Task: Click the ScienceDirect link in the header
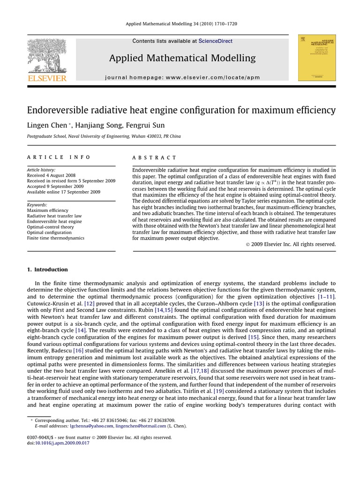click(215, 41)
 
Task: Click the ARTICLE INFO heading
click(59, 157)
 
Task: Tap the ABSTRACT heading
click(155, 158)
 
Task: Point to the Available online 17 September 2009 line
click(63, 192)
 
